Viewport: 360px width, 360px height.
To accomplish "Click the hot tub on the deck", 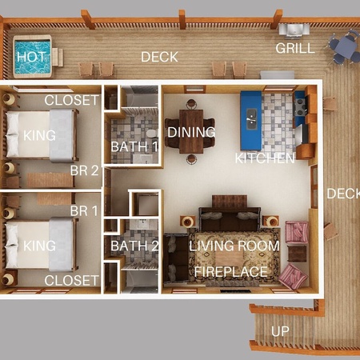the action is [x=32, y=57].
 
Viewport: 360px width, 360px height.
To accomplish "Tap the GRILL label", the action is [x=295, y=48].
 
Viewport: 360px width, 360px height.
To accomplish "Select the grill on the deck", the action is [x=294, y=30].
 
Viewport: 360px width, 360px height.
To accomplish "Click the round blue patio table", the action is [x=346, y=47].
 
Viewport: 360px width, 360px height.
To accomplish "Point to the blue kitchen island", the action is [x=250, y=121].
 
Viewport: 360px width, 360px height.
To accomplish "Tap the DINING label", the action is [x=191, y=132].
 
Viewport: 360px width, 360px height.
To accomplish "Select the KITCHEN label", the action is [x=265, y=158].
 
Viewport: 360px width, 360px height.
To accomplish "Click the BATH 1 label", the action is [x=134, y=146].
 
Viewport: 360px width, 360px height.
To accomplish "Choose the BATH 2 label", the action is [x=134, y=246].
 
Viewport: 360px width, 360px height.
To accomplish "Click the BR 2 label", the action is [x=84, y=170].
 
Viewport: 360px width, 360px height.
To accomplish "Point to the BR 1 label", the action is [x=84, y=210].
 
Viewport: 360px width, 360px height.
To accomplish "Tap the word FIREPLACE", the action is [x=231, y=272].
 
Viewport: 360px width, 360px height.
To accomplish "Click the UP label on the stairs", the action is [x=280, y=331].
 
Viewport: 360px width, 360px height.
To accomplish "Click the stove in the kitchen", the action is [x=301, y=106].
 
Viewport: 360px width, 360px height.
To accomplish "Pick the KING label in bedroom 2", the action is [x=39, y=135].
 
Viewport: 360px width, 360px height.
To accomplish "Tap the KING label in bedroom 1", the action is [x=39, y=246].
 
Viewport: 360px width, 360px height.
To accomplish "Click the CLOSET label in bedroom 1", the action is [x=71, y=280].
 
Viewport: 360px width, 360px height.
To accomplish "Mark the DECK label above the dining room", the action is [x=159, y=57].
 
